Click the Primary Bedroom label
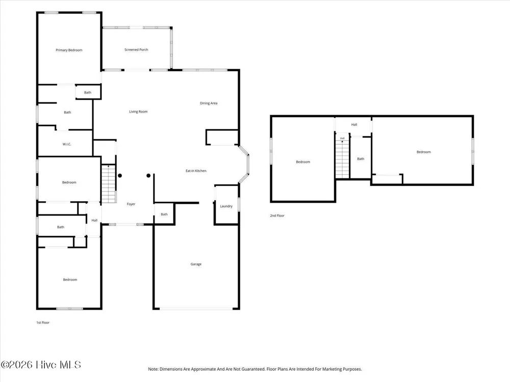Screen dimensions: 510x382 coord(69,50)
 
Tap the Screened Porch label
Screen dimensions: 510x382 coord(136,50)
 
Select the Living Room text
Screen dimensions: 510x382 coord(138,112)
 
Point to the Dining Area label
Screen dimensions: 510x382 coord(209,103)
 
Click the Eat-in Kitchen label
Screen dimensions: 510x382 coord(196,171)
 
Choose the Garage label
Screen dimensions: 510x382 coord(196,264)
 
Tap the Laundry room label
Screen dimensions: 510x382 coord(226,206)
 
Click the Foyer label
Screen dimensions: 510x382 coord(131,204)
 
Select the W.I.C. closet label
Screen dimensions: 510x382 coord(67,144)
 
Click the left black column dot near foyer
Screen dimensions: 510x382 coord(120,176)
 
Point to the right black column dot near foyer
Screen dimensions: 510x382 coord(148,176)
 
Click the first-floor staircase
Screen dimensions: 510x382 coord(109,184)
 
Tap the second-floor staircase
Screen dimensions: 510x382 coord(342,159)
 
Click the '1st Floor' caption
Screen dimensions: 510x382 coord(43,322)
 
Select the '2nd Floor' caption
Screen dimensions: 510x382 coord(277,215)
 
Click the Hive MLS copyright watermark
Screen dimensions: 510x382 coord(41,365)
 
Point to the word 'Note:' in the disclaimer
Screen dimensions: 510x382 coord(153,369)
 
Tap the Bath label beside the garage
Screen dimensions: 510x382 coord(164,214)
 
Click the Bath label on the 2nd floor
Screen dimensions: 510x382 coord(361,159)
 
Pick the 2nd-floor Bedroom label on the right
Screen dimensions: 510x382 coord(423,152)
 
